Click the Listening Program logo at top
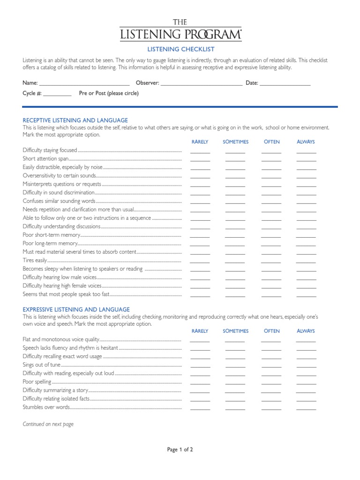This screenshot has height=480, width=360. (180, 30)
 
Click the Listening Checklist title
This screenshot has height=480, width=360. (180, 49)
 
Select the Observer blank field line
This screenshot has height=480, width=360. (202, 85)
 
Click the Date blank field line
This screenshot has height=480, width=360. (285, 85)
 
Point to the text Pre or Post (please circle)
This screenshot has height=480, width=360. (109, 93)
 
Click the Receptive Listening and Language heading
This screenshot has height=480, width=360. (75, 120)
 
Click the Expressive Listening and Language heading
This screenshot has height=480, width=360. (76, 310)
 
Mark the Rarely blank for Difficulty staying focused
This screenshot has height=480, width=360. (200, 152)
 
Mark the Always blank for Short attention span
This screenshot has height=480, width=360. (306, 161)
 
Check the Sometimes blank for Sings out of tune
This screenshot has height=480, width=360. (235, 367)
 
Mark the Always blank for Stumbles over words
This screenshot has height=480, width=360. (306, 409)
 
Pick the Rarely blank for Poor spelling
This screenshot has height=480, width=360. (200, 383)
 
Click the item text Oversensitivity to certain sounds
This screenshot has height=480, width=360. (59, 176)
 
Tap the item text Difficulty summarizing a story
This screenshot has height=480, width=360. (55, 390)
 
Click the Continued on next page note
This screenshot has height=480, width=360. (48, 424)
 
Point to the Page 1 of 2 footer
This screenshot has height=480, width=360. (180, 450)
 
